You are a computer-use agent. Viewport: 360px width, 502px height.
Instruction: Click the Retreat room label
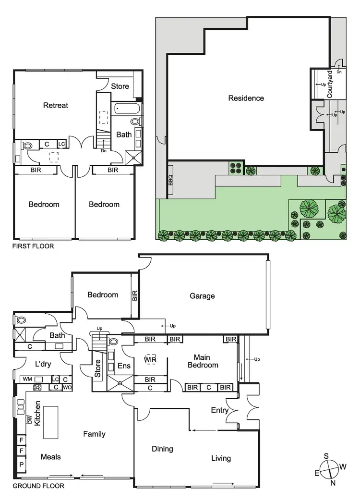pyautogui.click(x=56, y=105)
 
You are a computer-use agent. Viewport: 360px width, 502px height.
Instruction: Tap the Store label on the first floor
pyautogui.click(x=120, y=86)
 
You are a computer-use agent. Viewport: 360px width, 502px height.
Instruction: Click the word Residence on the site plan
pyautogui.click(x=246, y=98)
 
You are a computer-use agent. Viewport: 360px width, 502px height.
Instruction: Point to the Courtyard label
pyautogui.click(x=330, y=85)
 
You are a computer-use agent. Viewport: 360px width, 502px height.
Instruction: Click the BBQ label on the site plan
pyautogui.click(x=170, y=180)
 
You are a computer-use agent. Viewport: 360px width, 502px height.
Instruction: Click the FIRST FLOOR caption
pyautogui.click(x=33, y=246)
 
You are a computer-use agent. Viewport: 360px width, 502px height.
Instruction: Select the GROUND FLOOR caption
pyautogui.click(x=38, y=486)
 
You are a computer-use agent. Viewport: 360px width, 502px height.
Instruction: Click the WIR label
pyautogui.click(x=151, y=359)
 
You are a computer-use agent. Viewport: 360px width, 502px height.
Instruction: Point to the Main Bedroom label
pyautogui.click(x=205, y=361)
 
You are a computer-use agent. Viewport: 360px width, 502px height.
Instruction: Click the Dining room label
pyautogui.click(x=162, y=449)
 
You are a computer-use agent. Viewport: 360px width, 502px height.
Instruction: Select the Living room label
pyautogui.click(x=221, y=458)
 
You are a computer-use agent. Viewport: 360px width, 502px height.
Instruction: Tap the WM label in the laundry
pyautogui.click(x=27, y=379)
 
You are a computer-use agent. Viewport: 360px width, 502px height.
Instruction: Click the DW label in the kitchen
pyautogui.click(x=29, y=419)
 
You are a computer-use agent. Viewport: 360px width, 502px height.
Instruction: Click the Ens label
pyautogui.click(x=123, y=366)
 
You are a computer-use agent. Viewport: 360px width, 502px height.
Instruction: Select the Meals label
pyautogui.click(x=50, y=456)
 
